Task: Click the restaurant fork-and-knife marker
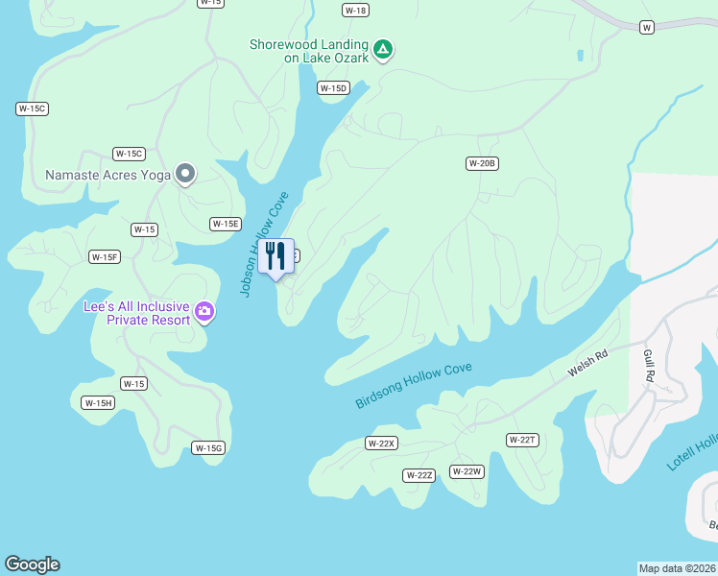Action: tap(275, 256)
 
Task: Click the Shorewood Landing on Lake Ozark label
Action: tap(308, 51)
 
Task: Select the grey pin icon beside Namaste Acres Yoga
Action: tap(185, 175)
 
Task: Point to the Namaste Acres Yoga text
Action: tap(108, 175)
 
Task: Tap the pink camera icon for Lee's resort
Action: tap(203, 311)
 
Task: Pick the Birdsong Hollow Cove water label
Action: tap(414, 385)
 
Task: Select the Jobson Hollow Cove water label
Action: tap(263, 245)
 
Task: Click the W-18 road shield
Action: tap(355, 10)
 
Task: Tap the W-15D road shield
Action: tap(333, 88)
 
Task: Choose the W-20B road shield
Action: tap(482, 163)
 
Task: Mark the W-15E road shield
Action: tap(225, 224)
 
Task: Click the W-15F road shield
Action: tap(105, 256)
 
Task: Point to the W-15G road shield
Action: tap(208, 448)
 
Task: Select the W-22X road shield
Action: tap(381, 443)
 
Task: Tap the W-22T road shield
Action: tap(522, 440)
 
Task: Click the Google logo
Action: tap(32, 564)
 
